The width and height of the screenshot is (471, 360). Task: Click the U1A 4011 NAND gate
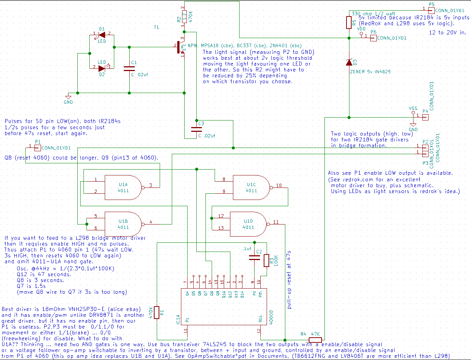(123, 188)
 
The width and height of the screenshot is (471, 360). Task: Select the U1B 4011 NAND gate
(123, 224)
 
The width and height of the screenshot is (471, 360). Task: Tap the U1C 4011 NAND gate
(251, 187)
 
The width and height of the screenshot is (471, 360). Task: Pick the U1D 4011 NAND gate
(248, 224)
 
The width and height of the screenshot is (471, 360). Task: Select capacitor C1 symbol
(129, 68)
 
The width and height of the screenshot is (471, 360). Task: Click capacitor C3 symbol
(196, 129)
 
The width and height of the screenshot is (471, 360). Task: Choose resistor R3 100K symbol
(266, 260)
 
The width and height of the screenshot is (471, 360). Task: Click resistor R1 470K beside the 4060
(157, 312)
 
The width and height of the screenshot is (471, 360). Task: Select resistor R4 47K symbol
(315, 340)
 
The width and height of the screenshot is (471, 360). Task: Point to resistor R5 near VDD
(349, 22)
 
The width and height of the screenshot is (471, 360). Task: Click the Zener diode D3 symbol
(349, 62)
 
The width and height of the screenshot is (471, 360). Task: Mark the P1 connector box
(37, 148)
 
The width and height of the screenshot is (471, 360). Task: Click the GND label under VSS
(413, 129)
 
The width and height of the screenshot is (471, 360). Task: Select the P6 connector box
(373, 38)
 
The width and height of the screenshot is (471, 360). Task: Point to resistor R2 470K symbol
(185, 16)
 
